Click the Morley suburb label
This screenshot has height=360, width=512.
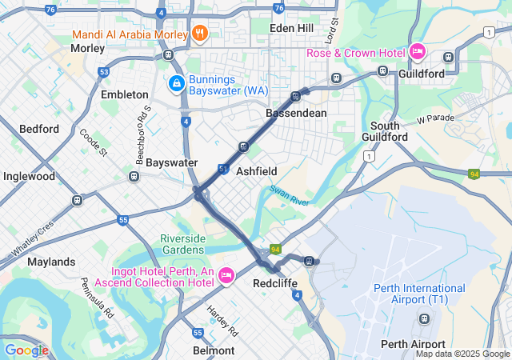pos(87,48)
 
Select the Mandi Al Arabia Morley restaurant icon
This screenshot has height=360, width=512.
pos(200,34)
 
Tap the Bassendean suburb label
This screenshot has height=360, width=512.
pos(296,113)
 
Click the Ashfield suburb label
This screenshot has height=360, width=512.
pos(256,171)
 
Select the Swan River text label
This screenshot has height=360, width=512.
pos(289,195)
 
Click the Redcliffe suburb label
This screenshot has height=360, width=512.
pos(276,283)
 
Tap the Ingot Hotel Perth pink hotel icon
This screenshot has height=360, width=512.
pos(226,275)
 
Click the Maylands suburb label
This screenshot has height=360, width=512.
pos(51,262)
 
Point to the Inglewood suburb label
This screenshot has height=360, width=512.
pos(29,176)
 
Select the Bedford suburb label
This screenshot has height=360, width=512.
pos(39,129)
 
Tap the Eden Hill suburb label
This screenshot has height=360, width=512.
pos(293,27)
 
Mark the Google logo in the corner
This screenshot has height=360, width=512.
pos(26,350)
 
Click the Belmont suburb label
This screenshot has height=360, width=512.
pos(214,350)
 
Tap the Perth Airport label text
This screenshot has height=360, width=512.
pos(412,344)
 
